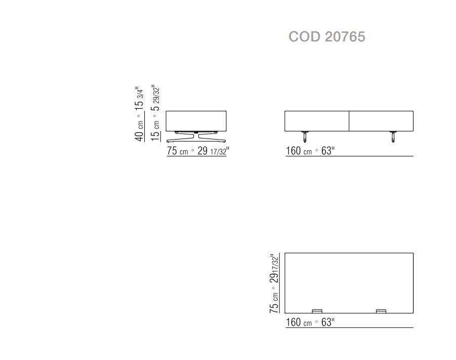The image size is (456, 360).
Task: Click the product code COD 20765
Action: [x=326, y=36]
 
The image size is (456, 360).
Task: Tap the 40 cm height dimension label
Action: [x=139, y=130]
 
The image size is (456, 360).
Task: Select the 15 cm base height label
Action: [x=155, y=131]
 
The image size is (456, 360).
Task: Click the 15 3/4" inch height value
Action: [x=139, y=98]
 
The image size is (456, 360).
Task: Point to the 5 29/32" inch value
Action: [x=155, y=98]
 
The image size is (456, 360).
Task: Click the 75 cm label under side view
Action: [x=178, y=151]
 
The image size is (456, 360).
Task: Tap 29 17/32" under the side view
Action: [x=213, y=151]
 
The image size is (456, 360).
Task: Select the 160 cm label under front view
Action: [x=299, y=151]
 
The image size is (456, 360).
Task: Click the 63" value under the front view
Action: [x=328, y=151]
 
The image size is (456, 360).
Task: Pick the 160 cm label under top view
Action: [x=299, y=323]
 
